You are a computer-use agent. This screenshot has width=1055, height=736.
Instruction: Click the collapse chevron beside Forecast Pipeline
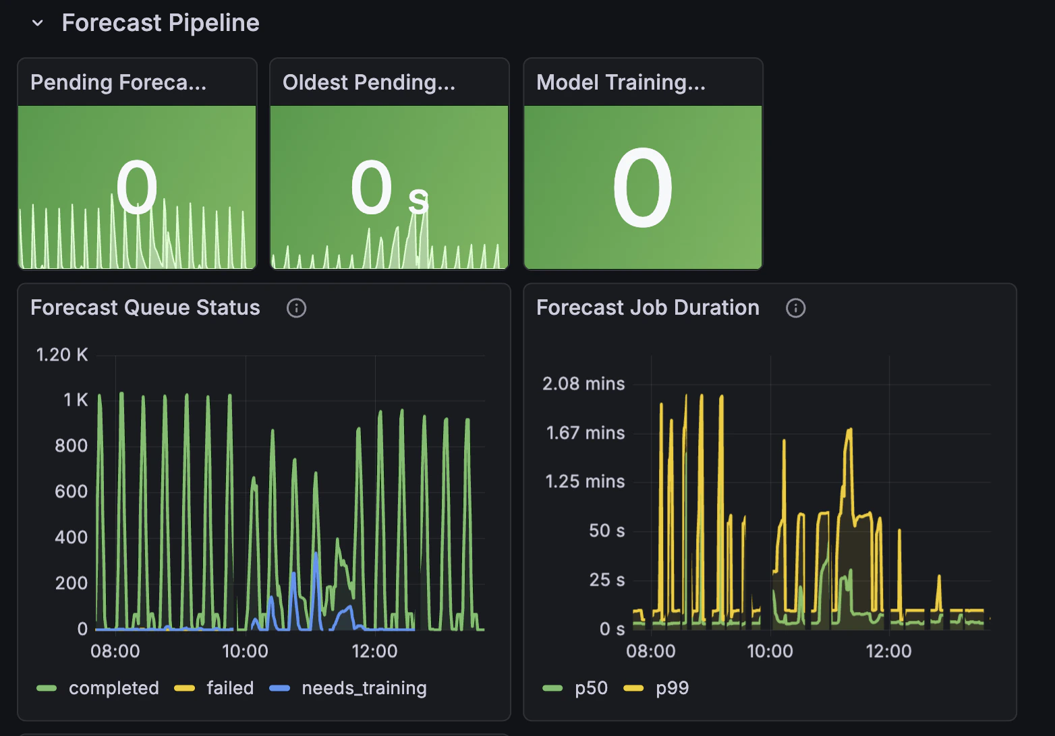[38, 24]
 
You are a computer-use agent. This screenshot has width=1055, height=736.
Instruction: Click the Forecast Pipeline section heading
[160, 23]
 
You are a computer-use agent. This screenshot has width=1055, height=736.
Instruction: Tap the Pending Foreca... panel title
[118, 82]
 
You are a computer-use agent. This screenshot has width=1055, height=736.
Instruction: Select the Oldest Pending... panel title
[368, 82]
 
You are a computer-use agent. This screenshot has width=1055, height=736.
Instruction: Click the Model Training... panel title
[621, 82]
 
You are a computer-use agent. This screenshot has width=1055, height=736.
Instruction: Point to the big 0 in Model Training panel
[642, 189]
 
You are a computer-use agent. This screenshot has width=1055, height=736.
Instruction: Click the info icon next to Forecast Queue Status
[296, 308]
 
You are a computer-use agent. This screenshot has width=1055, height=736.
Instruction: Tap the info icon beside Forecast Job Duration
[795, 308]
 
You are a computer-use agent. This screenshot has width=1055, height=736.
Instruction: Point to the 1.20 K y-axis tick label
[62, 355]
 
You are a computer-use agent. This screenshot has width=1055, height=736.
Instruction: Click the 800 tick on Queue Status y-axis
[71, 446]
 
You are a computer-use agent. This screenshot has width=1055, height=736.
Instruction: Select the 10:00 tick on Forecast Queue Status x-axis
[245, 651]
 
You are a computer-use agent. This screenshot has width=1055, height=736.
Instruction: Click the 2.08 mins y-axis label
[583, 384]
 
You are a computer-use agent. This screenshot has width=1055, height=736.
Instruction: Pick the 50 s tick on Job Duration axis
[606, 530]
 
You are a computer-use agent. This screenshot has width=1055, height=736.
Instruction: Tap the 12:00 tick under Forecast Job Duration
[888, 651]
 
